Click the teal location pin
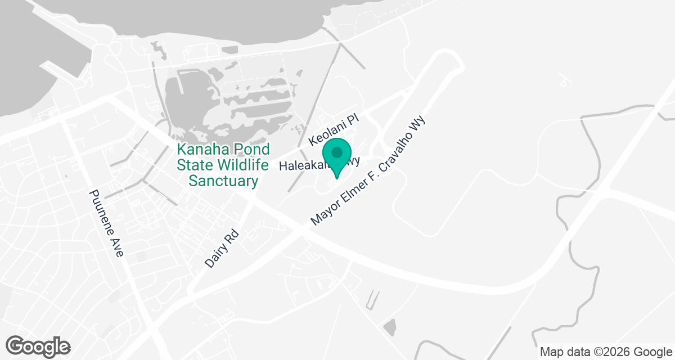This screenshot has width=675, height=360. (x=337, y=157)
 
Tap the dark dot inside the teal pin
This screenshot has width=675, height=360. (x=337, y=152)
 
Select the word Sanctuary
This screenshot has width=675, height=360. (x=223, y=181)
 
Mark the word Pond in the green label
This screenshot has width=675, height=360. (x=250, y=150)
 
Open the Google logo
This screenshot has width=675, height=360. (x=38, y=346)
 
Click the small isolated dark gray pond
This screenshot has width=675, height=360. (x=389, y=326)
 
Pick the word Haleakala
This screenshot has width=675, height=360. (x=304, y=166)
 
